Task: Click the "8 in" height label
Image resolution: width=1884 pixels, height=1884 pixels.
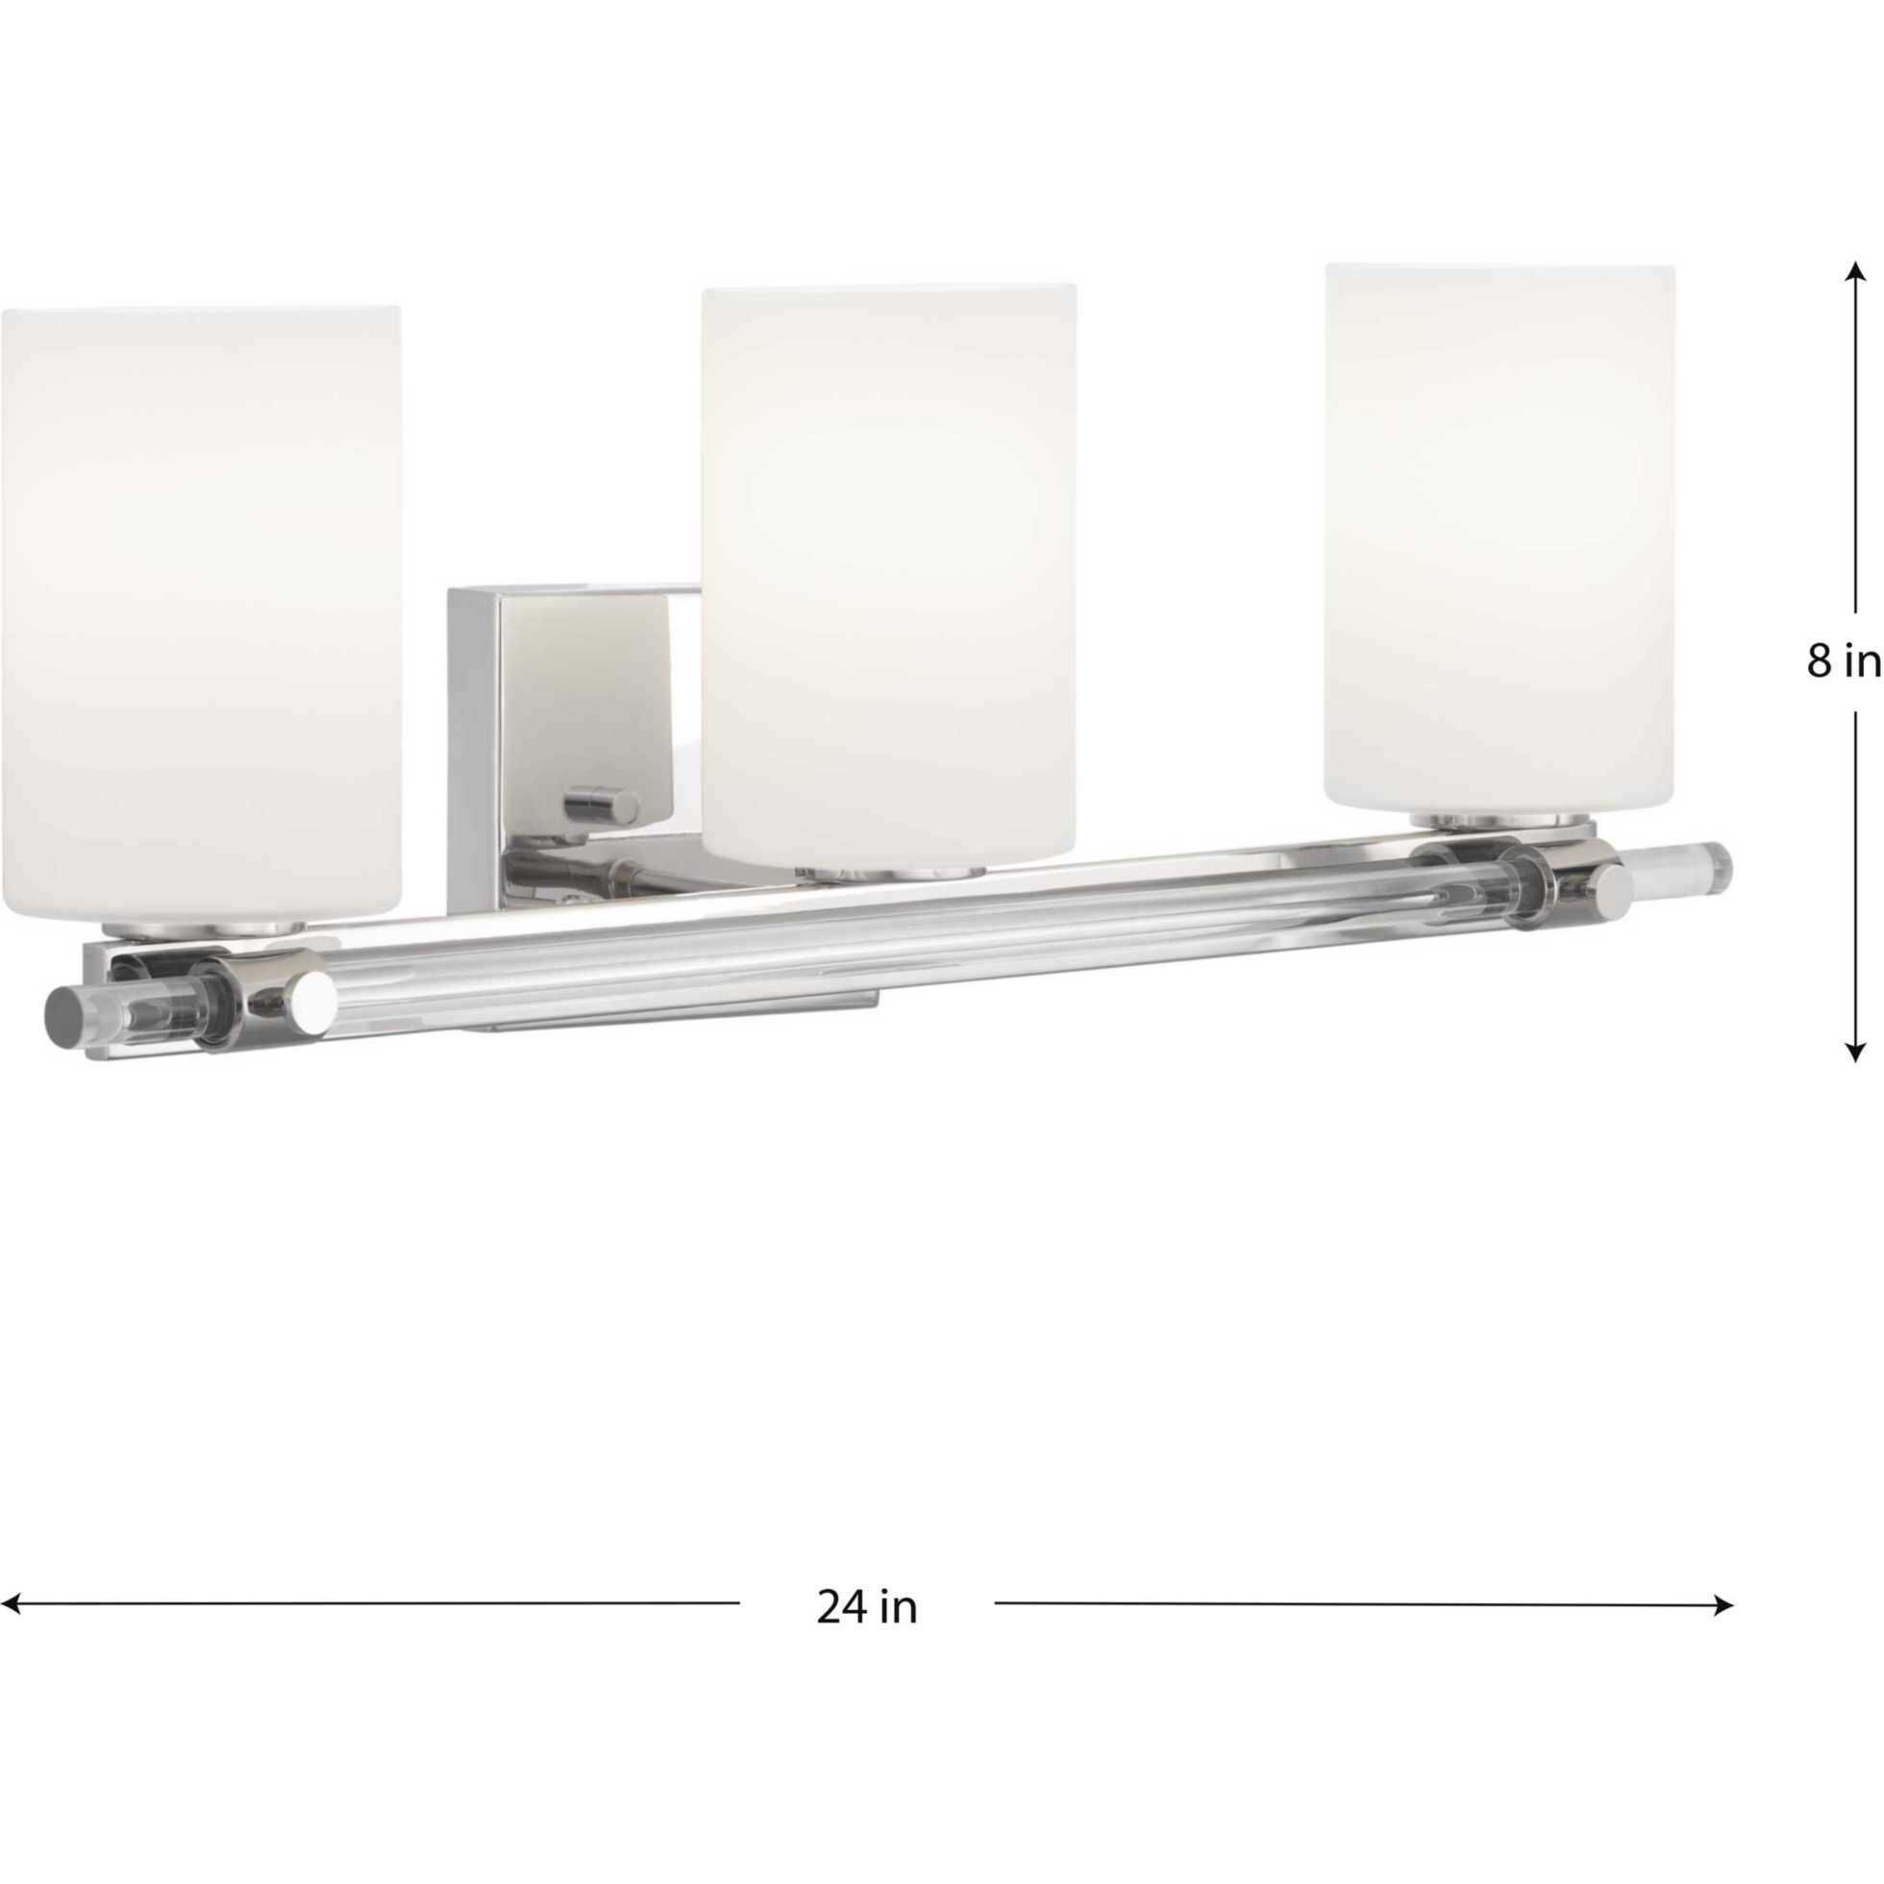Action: (1842, 662)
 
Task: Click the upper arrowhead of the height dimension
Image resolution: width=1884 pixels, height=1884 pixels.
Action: (1855, 274)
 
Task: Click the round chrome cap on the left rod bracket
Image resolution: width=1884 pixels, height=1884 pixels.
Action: (313, 997)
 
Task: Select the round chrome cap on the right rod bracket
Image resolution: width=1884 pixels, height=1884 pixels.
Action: (1612, 885)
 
